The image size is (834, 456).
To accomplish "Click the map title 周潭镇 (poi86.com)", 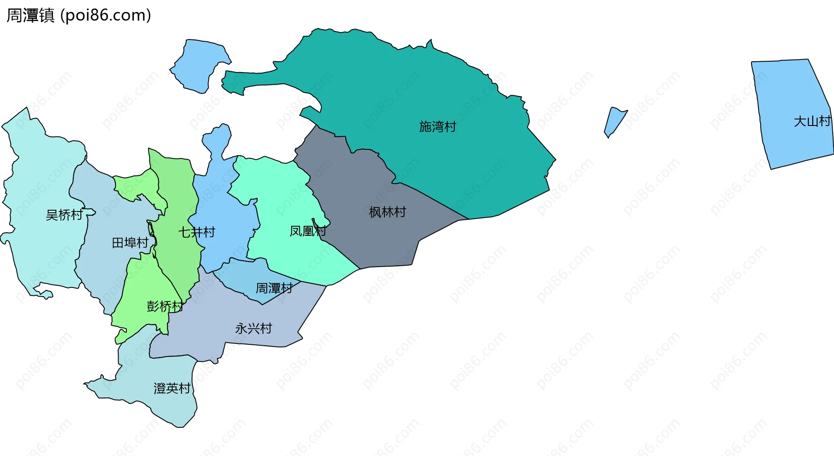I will (79, 15).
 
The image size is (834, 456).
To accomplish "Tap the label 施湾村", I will (437, 127).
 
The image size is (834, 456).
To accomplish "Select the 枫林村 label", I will (387, 212).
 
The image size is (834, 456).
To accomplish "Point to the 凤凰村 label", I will (308, 231).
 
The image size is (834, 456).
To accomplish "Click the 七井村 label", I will (196, 232).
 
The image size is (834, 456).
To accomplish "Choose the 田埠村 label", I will (130, 243).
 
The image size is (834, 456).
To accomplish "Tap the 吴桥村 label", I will (64, 215).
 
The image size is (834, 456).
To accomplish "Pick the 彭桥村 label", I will (165, 307).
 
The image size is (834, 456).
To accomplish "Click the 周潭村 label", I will (274, 288).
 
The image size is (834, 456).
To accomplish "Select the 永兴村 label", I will (254, 328).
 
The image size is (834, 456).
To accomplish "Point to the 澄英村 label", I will (172, 388).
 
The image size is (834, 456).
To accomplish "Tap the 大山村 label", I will (812, 122).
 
